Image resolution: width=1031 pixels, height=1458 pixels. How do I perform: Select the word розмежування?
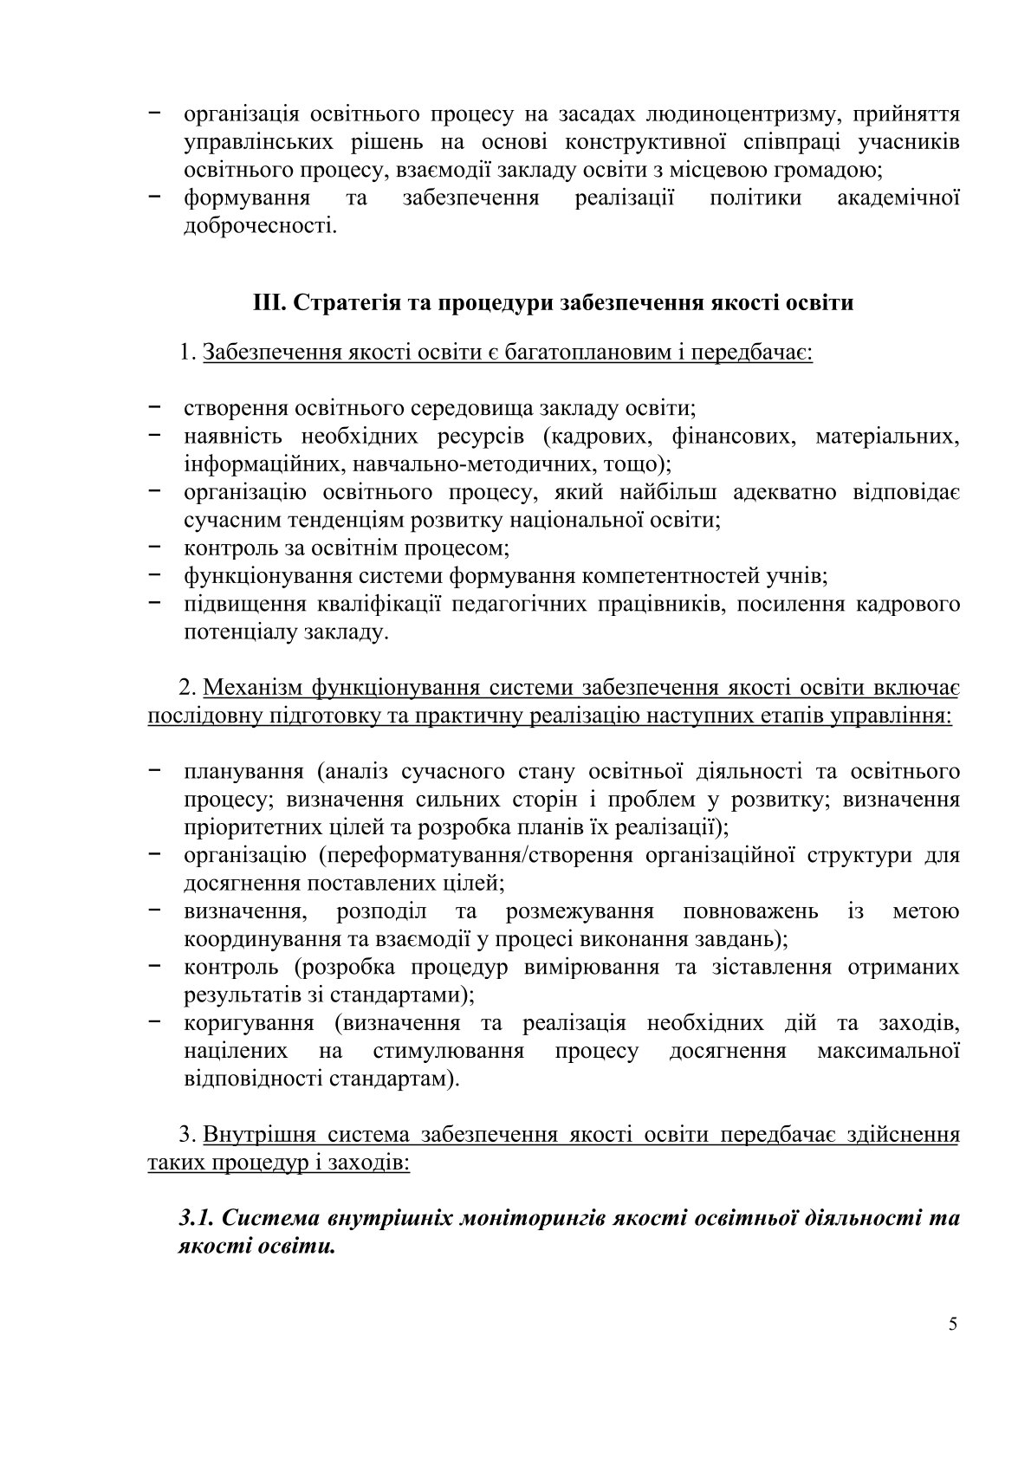(579, 911)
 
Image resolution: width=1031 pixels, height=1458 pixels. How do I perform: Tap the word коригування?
(249, 1023)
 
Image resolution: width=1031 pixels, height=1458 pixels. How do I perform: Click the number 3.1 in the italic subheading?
(197, 1218)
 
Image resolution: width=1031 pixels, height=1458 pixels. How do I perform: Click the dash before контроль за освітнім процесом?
(157, 548)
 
